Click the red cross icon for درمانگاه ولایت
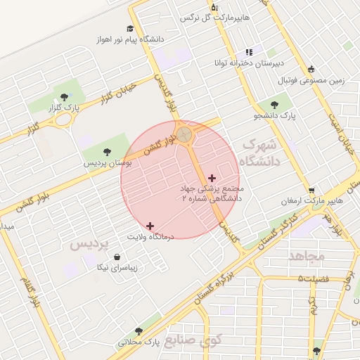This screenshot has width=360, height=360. coord(150,226)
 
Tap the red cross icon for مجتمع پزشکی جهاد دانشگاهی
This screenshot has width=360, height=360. coord(212,178)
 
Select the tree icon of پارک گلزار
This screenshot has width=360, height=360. coord(65,97)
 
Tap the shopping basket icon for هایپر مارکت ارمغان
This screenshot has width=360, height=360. coord(311,191)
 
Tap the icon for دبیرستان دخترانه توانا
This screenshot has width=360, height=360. coord(248,52)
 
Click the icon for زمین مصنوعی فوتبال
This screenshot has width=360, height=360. coord(311,69)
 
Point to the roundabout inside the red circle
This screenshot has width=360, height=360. coord(185,134)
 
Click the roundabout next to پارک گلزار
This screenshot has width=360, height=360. coord(64,119)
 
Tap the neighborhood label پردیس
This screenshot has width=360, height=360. coord(91,244)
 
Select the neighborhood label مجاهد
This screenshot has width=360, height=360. coord(307,256)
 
